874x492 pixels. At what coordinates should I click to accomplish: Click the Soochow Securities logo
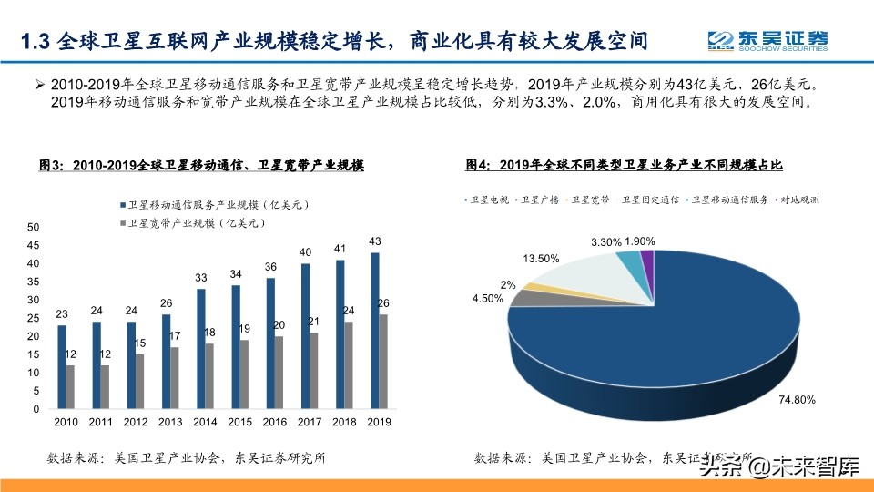pos(769,40)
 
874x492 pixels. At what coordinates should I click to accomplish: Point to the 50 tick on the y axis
pos(34,227)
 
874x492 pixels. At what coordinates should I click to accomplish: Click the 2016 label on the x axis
pos(274,422)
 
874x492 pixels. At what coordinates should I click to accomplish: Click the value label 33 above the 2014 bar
pos(201,278)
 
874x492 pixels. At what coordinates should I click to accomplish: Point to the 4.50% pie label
pos(487,298)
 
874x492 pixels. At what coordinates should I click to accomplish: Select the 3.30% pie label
pos(607,242)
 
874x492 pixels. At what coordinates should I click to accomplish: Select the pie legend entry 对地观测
pos(799,199)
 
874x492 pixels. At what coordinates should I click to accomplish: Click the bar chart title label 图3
pos(51,166)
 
